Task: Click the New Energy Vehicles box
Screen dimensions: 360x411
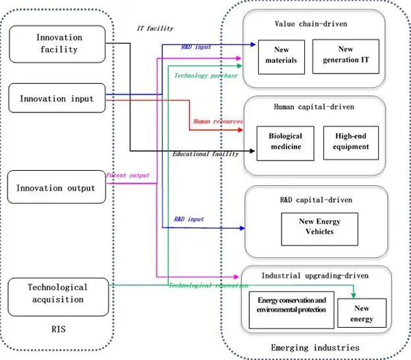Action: click(320, 227)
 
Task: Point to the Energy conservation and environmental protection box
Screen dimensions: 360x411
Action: click(290, 306)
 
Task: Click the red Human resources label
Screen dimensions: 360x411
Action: click(217, 121)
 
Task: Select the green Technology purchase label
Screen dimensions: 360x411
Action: click(206, 75)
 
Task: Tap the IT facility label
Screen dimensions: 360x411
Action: click(155, 29)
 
